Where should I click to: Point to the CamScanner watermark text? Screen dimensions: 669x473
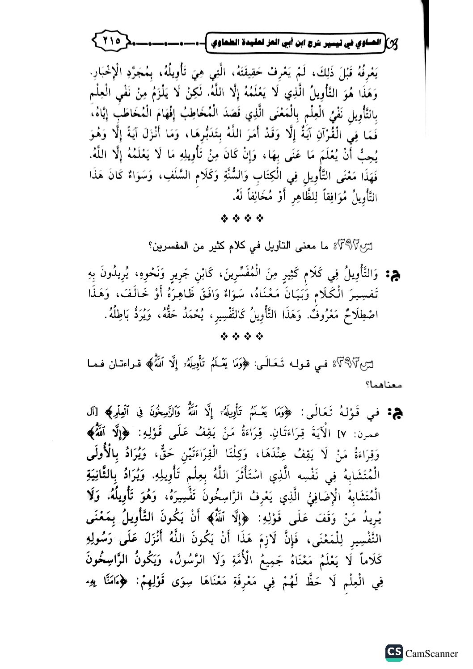click(x=431, y=653)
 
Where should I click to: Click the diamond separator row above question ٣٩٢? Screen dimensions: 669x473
click(x=241, y=219)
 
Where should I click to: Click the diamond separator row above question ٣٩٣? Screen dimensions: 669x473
click(x=241, y=335)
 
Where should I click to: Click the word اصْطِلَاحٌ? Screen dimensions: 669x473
click(x=361, y=317)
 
